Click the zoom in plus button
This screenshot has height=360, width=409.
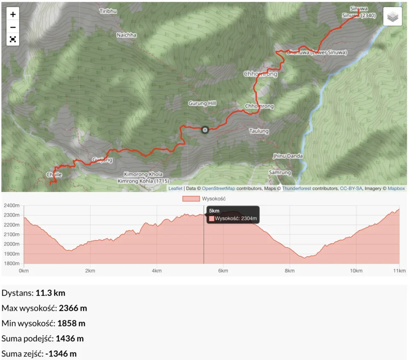13,14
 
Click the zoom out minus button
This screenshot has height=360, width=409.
13,27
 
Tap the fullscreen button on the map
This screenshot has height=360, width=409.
13,40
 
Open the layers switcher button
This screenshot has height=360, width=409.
392,17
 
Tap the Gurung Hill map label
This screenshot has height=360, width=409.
202,103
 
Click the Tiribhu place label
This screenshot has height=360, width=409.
108,11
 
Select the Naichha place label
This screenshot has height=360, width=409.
127,35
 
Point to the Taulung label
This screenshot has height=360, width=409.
259,131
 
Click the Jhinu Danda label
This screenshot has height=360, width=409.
288,156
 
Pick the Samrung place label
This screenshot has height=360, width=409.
279,173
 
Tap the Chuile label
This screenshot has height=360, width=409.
54,174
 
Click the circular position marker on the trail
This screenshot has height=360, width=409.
205,130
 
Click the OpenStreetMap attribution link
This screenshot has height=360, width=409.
219,188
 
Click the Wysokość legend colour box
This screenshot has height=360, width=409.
191,199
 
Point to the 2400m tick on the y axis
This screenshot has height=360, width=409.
11,205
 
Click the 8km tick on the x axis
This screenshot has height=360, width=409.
290,271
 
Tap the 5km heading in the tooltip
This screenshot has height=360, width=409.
214,211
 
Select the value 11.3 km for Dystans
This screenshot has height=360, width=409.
50,293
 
